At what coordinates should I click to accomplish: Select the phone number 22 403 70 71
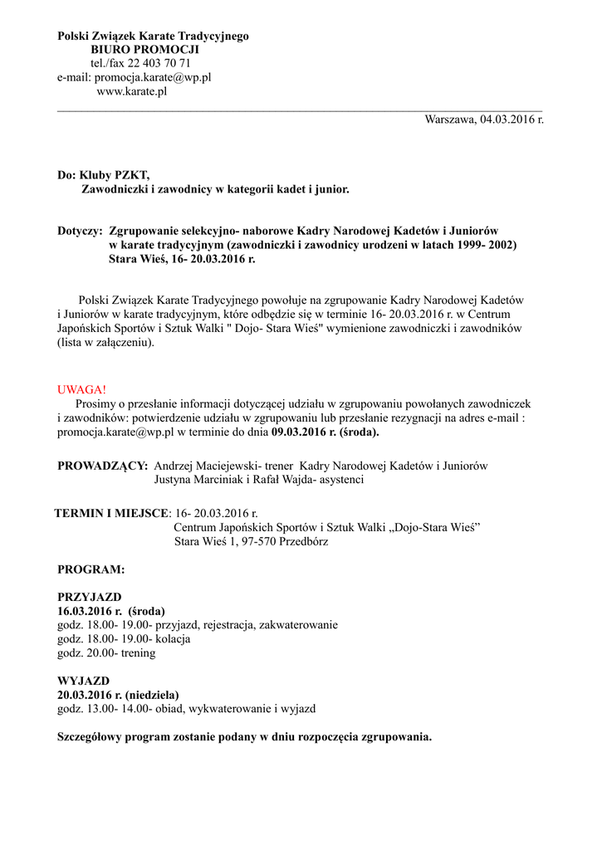(x=161, y=63)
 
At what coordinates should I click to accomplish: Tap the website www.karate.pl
(x=132, y=91)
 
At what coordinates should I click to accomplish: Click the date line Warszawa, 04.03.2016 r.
(x=484, y=120)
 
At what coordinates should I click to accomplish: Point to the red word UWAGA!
(x=81, y=389)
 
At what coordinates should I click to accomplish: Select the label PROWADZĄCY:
(x=102, y=466)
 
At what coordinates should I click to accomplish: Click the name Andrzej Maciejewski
(x=208, y=466)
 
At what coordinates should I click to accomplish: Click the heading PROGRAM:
(x=91, y=570)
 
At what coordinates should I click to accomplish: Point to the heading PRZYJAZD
(x=90, y=597)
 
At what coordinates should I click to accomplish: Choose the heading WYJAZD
(x=83, y=681)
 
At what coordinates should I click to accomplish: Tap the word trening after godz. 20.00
(x=138, y=653)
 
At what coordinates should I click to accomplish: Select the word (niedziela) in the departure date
(x=152, y=695)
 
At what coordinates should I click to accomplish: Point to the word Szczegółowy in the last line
(x=91, y=736)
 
